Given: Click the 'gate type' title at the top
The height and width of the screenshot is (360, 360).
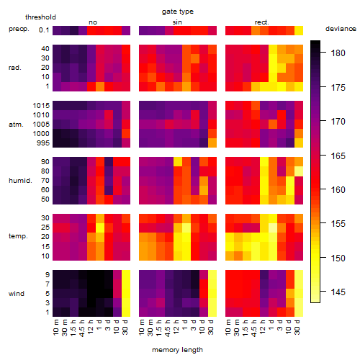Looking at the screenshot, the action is coord(178,12).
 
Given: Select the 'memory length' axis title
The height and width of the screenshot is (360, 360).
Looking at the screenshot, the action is coord(177,350).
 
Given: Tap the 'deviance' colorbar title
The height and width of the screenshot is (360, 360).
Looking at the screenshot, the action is coord(341,29).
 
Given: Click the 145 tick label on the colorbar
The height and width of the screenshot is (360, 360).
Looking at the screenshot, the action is coord(338,292).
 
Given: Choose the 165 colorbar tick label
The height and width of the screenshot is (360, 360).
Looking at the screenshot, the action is coord(338,156).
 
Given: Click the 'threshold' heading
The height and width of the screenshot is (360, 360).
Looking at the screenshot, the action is coord(40,17).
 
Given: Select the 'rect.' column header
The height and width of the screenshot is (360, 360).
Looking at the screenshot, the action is coord(261,22).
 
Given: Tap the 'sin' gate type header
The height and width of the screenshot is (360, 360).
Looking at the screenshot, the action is coord(177,22).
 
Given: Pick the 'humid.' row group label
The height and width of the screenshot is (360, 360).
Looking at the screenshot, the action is coord(20,181).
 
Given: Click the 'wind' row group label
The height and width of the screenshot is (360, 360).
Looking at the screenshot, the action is coord(17,294).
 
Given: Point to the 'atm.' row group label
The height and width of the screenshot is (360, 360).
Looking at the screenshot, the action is coord(16,125).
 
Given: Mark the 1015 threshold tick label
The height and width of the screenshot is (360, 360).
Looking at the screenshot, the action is coord(41,106).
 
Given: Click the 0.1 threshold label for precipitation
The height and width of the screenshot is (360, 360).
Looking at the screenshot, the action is coord(44,30).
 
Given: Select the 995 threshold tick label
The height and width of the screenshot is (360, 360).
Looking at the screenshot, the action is coord(43,143).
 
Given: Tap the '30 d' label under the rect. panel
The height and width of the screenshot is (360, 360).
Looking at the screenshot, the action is coord(297,327).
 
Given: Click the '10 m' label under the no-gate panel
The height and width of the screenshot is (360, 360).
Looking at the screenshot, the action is coord(56,327).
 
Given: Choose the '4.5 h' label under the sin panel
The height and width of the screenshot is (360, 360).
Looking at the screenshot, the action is coord(168,328).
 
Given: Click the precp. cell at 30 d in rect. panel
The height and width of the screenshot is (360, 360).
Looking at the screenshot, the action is coord(299,30).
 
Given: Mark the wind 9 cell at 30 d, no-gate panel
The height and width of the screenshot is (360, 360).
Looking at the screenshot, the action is coord(126,274).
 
